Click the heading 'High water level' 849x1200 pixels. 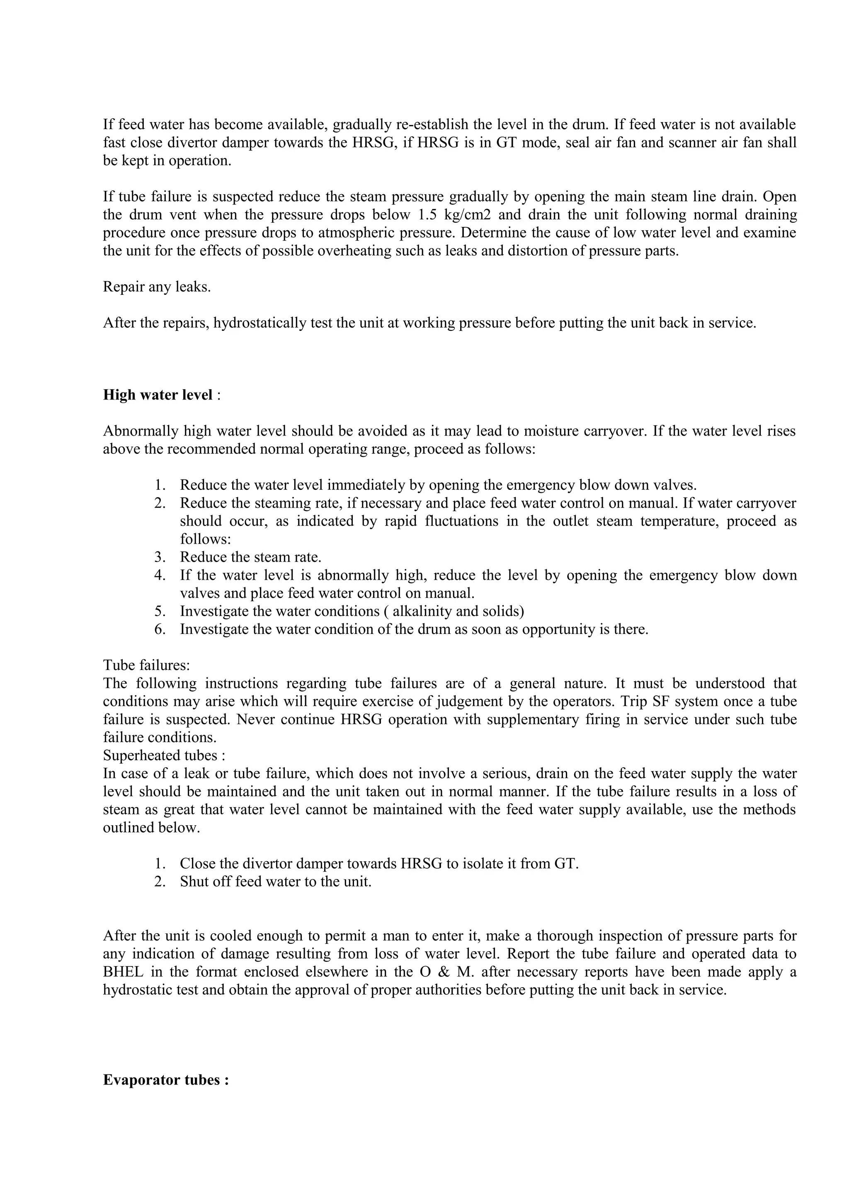tap(158, 395)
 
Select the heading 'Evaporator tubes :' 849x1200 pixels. tap(166, 1080)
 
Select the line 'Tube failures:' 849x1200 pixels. tap(146, 665)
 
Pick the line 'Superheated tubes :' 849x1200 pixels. tap(164, 755)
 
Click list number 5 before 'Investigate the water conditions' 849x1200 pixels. tap(160, 611)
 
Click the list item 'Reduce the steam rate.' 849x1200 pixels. tap(250, 557)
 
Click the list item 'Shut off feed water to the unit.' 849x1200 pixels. tap(276, 882)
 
